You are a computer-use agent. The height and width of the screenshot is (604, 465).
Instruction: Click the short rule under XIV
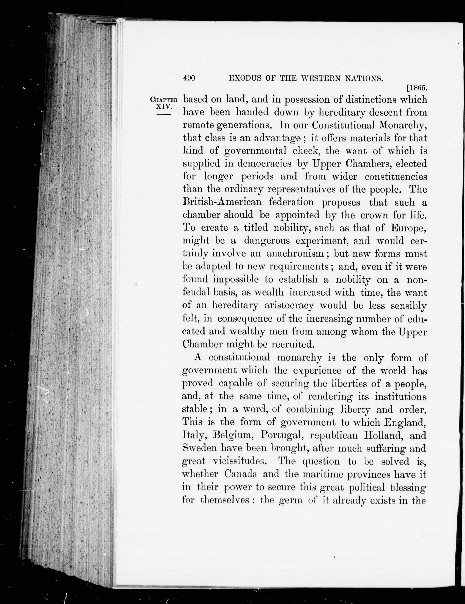pos(164,114)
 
